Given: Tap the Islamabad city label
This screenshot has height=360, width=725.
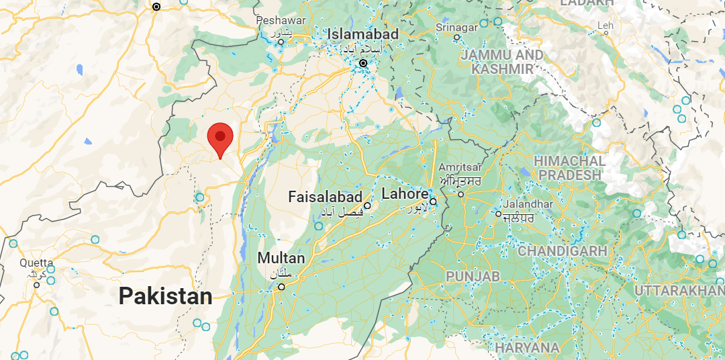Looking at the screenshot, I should point(363,34).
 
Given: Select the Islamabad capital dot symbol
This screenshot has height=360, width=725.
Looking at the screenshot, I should point(363,63).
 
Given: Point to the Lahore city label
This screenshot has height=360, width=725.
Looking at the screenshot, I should point(405,194).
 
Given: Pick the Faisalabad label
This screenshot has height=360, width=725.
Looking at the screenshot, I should point(325,197).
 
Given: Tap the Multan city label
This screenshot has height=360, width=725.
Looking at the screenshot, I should point(281,258).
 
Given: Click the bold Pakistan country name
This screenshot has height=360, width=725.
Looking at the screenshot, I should point(165,296).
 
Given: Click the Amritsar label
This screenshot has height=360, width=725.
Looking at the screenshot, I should point(460,167).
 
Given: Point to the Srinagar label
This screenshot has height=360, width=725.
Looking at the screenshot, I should point(456,27).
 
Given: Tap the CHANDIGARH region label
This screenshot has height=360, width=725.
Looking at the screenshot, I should point(562,251).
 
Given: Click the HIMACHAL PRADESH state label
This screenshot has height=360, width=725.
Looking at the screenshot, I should point(569,168).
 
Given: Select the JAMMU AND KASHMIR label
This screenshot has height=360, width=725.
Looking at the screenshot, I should point(502,61).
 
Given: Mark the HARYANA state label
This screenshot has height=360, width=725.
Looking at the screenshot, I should point(527,347).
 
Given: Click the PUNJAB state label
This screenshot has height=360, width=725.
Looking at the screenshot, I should point(473,276).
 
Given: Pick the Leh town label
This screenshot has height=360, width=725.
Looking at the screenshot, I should point(607,26).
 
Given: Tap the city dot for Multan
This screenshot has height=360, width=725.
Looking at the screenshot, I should point(282,287).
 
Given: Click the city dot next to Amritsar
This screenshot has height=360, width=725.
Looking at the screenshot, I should point(461,194).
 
